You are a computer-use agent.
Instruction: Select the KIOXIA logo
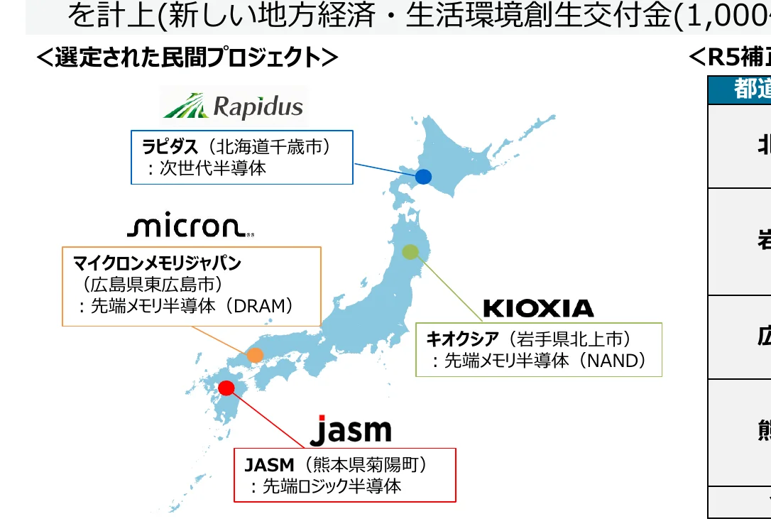[x=538, y=308]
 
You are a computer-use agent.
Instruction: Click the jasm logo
[x=351, y=431]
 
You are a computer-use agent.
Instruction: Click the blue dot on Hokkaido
[x=423, y=177]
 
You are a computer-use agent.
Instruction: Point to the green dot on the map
[x=410, y=252]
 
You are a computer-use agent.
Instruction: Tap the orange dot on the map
[x=255, y=355]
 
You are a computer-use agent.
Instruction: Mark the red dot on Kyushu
[x=226, y=388]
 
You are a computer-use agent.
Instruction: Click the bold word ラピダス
[x=169, y=147]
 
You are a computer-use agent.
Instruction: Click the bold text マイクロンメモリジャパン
[x=158, y=263]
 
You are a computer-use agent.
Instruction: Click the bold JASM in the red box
[x=269, y=465]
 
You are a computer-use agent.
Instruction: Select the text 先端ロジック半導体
[x=332, y=486]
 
